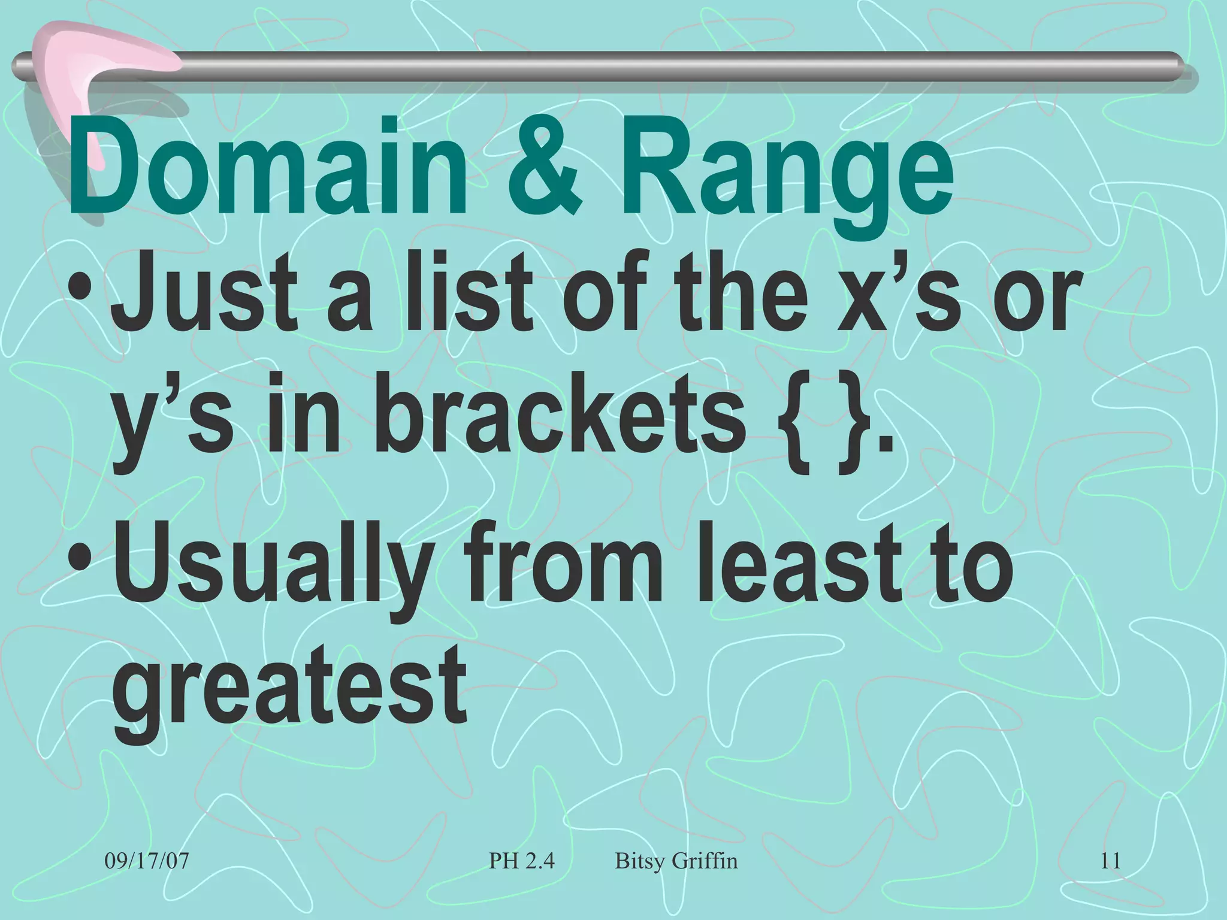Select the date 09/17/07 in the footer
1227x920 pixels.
147,861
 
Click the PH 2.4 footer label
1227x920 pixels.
522,861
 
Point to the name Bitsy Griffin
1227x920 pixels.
676,861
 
